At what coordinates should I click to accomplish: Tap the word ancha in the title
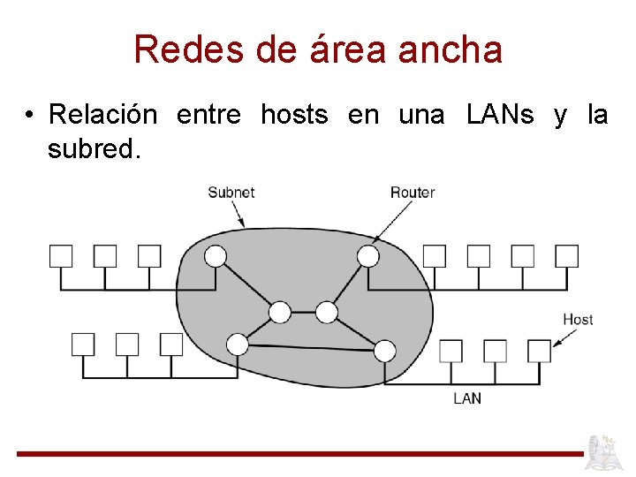450,49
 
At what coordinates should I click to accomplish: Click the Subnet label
231,192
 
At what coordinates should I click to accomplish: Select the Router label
413,192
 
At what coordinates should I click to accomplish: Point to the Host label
578,319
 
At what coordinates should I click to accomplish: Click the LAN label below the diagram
467,398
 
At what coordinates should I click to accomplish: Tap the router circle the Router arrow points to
368,256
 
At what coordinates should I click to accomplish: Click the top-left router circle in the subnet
216,256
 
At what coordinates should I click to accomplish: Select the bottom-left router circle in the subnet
238,344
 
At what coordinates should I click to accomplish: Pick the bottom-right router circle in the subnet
384,351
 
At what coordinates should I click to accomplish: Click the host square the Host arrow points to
539,351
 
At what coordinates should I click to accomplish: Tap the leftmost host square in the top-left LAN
60,256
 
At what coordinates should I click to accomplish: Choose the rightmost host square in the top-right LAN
567,256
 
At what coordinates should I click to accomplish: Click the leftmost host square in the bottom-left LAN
82,344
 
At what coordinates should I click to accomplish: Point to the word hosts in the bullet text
294,115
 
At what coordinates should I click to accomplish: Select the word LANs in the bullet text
500,115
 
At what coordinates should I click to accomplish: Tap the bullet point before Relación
29,116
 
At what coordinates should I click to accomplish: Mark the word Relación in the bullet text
103,115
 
